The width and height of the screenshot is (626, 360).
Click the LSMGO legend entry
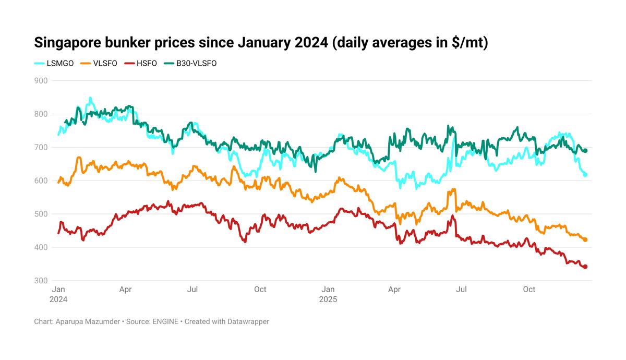tap(54, 64)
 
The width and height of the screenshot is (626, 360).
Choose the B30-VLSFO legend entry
tap(190, 64)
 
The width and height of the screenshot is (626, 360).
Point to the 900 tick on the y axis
tap(41, 81)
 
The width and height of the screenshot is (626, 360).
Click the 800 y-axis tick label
tap(41, 114)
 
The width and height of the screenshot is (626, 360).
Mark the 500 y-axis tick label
tap(41, 214)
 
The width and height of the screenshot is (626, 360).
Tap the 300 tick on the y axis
tap(41, 281)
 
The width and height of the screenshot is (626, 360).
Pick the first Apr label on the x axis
tap(125, 290)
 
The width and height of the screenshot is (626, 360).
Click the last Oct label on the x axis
tap(529, 290)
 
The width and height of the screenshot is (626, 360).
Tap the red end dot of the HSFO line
tap(585, 267)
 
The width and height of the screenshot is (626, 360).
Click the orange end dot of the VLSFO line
tap(585, 240)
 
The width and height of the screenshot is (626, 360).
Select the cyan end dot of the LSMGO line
tap(585, 175)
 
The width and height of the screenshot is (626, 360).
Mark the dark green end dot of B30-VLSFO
tap(585, 151)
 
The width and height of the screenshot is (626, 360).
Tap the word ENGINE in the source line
tap(165, 322)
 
